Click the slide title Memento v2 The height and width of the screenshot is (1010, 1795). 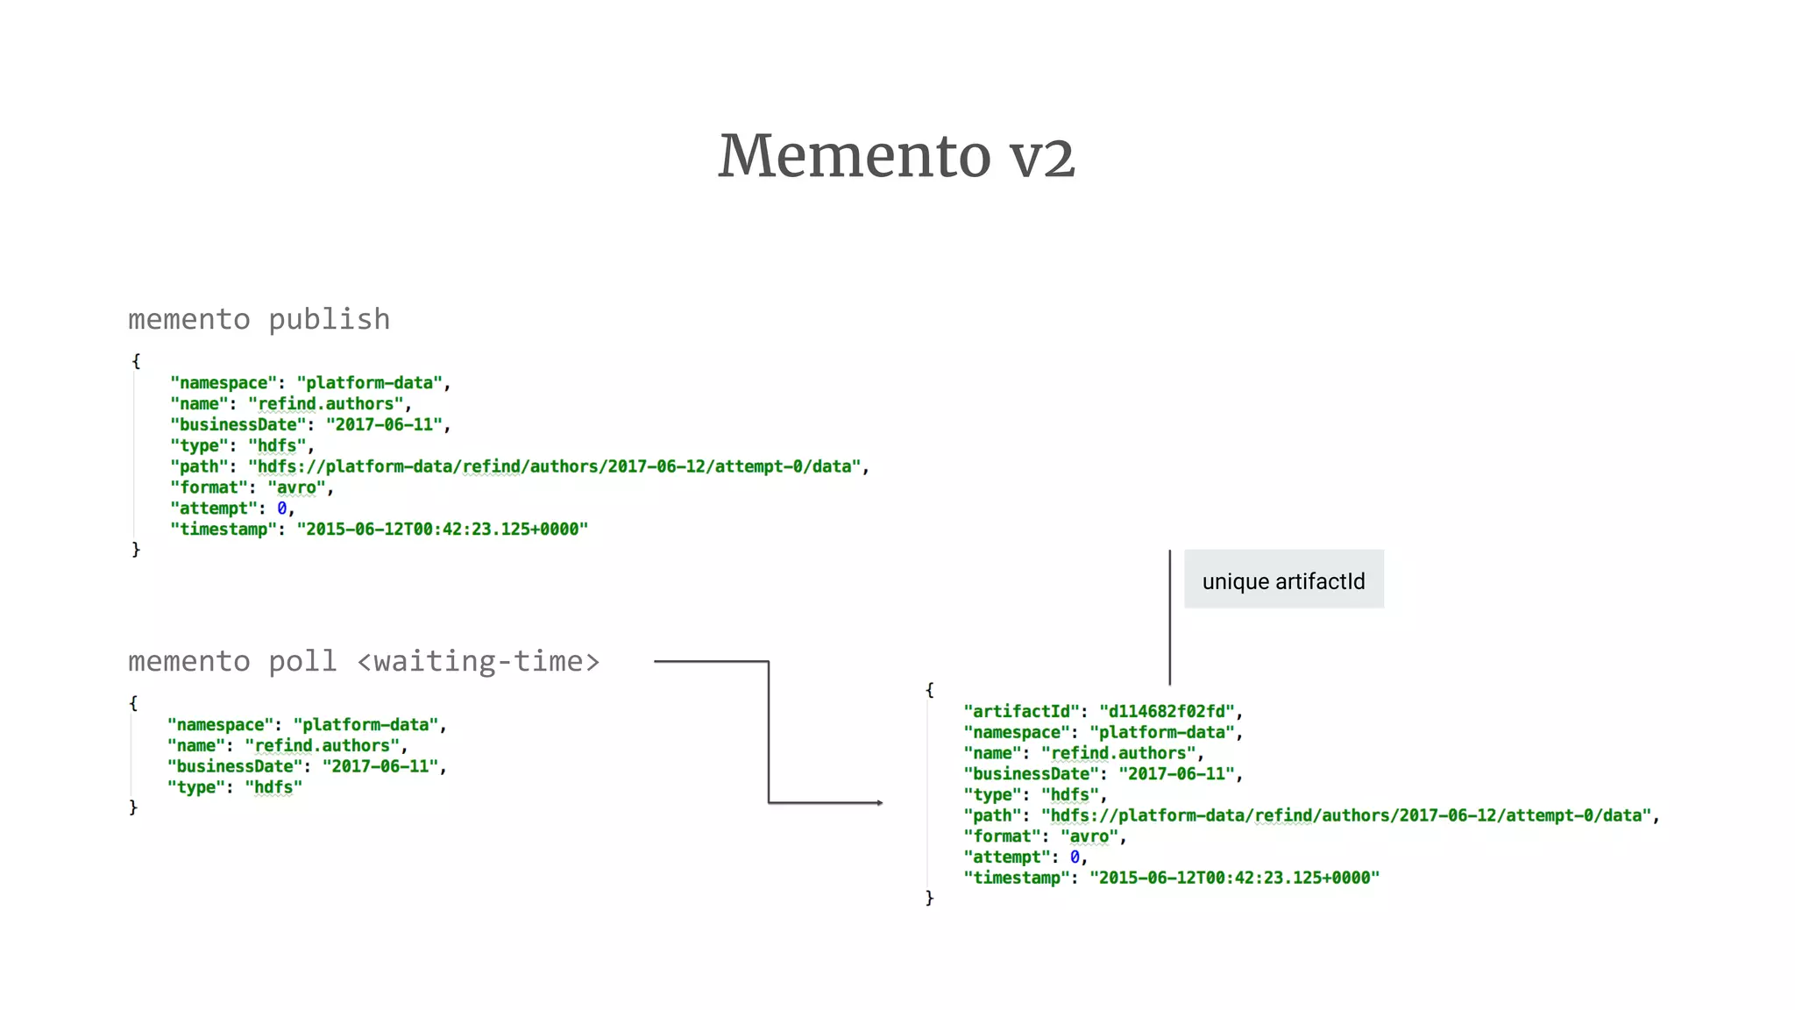(897, 156)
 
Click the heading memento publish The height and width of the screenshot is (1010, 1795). (259, 319)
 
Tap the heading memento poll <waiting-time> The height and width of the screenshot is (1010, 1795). (364, 661)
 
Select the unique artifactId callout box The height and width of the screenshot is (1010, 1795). (1283, 580)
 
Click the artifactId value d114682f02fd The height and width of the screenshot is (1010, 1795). (1166, 711)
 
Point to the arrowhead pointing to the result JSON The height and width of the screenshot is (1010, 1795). (879, 802)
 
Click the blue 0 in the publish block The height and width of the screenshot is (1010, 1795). (282, 509)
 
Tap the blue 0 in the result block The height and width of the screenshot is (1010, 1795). (1075, 857)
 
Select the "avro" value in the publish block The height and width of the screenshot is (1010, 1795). (296, 487)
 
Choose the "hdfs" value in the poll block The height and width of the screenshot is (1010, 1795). (273, 787)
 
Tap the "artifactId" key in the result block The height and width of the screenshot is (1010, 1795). (1021, 711)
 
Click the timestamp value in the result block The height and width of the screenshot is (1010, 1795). (1234, 878)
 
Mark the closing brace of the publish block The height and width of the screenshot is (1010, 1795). (136, 550)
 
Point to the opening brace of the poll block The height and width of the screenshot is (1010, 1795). (133, 703)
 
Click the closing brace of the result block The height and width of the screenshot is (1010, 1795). (930, 898)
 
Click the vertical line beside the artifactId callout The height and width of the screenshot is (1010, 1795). (1169, 617)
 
